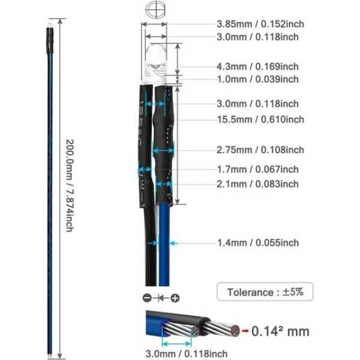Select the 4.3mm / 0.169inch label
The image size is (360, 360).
point(257,67)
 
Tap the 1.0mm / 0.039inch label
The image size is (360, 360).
point(257,79)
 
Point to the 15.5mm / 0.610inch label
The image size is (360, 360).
point(260,119)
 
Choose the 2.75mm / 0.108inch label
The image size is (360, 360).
point(260,149)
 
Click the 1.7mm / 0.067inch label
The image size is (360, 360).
point(257,170)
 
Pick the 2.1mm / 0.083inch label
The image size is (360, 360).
point(257,184)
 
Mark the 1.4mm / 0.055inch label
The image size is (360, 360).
point(257,243)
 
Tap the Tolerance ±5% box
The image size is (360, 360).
point(265,293)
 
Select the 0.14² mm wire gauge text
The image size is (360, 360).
point(280,331)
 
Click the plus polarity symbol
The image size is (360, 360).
point(175,298)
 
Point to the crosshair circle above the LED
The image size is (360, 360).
point(154,11)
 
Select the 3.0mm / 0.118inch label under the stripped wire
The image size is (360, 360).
point(185,353)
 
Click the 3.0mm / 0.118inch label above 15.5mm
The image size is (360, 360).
point(257,104)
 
